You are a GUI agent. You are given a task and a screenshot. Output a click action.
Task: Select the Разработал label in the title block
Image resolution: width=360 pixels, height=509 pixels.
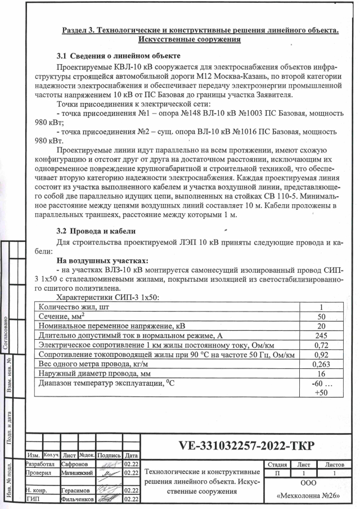[39, 465]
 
